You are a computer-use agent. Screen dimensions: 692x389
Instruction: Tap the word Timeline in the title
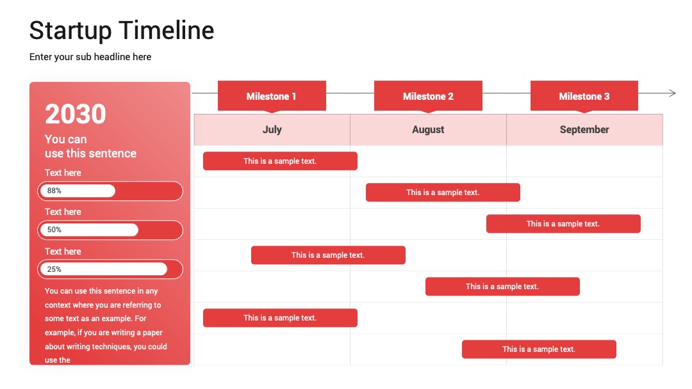[x=167, y=30]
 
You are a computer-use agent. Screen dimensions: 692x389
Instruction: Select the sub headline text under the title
[x=90, y=57]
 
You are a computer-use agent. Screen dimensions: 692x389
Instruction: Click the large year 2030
[x=76, y=114]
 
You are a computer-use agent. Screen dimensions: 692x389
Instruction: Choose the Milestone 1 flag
[x=272, y=96]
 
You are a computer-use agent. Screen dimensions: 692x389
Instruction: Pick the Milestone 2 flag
[x=428, y=96]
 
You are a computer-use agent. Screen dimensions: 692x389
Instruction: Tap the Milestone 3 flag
[x=584, y=96]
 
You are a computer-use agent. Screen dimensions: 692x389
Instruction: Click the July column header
[x=272, y=129]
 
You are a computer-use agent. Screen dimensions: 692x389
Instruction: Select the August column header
[x=428, y=129]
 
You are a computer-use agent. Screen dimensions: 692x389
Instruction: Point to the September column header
[x=584, y=129]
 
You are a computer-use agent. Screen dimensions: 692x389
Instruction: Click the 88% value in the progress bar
[x=54, y=191]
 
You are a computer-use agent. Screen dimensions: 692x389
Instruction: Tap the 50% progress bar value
[x=54, y=230]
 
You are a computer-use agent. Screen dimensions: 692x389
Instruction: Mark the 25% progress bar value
[x=54, y=269]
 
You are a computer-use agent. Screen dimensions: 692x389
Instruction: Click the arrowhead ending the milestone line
[x=673, y=93]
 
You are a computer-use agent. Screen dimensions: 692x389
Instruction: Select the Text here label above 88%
[x=63, y=173]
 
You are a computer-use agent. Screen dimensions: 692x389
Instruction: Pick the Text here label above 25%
[x=63, y=251]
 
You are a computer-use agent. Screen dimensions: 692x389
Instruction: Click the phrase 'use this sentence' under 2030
[x=90, y=154]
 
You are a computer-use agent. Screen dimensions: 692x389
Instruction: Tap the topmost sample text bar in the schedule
[x=280, y=161]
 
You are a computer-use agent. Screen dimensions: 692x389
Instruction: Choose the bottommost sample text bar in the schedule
[x=539, y=349]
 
